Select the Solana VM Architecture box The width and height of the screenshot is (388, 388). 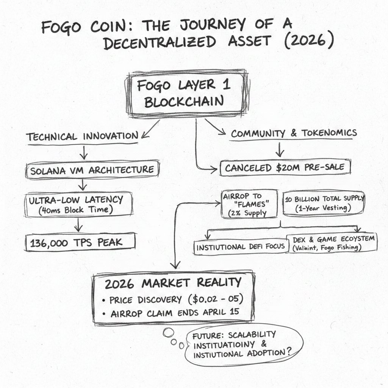click(91, 170)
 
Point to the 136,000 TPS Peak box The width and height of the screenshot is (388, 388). click(80, 242)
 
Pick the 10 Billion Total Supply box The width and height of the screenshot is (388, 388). click(324, 203)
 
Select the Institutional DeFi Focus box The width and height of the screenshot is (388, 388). click(240, 247)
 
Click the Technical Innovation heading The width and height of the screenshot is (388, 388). click(83, 136)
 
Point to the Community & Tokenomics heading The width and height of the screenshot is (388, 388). click(294, 133)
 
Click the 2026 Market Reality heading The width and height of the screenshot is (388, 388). click(173, 282)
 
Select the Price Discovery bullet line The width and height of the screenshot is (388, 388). click(173, 300)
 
